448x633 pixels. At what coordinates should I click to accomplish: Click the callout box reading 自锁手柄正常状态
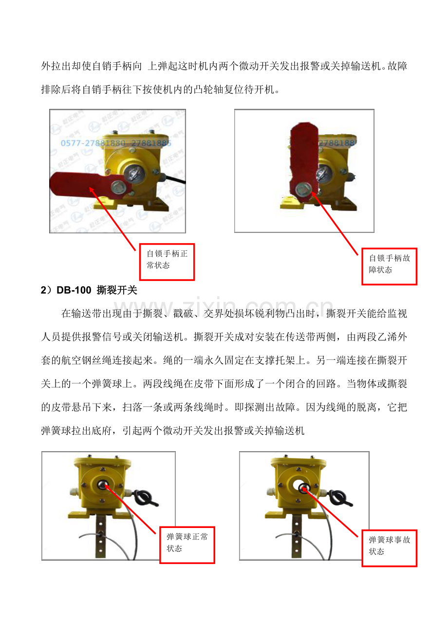tap(167, 262)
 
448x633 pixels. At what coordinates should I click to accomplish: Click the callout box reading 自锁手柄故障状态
tap(390, 266)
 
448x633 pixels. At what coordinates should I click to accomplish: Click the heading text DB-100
tap(74, 290)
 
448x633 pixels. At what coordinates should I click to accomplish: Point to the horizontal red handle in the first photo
tap(91, 185)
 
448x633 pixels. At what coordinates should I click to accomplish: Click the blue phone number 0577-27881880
tap(93, 143)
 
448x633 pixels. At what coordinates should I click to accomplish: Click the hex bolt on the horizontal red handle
tap(117, 187)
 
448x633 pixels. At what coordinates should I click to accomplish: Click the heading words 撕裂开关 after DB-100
tap(117, 290)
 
